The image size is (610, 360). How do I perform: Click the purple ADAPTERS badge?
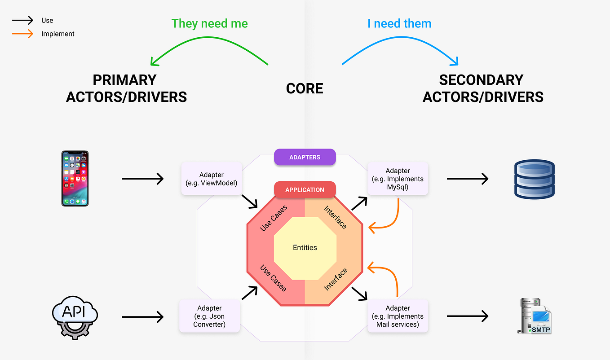click(305, 157)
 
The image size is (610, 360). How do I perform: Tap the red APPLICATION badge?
click(305, 189)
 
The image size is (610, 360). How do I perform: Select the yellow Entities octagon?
click(305, 247)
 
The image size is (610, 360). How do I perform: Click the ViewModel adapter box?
click(211, 179)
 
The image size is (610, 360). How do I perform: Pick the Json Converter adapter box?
click(209, 316)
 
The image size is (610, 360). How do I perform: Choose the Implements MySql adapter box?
click(398, 179)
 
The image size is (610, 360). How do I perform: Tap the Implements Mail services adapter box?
click(398, 316)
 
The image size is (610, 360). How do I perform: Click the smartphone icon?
click(75, 178)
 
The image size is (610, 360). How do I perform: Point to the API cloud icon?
click(75, 316)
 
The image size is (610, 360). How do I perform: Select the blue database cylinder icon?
click(534, 179)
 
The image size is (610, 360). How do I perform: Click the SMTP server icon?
click(534, 316)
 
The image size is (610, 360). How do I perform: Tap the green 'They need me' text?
click(209, 23)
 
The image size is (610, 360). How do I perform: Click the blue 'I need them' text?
click(399, 23)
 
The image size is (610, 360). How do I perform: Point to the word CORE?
click(305, 88)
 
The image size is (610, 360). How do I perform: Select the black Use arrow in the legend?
click(22, 20)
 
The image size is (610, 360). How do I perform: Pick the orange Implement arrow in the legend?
click(22, 34)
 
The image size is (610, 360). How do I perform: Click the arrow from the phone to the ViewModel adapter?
click(142, 179)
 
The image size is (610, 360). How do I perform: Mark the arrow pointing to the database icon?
click(468, 179)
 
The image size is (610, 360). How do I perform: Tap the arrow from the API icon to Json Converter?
click(142, 317)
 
